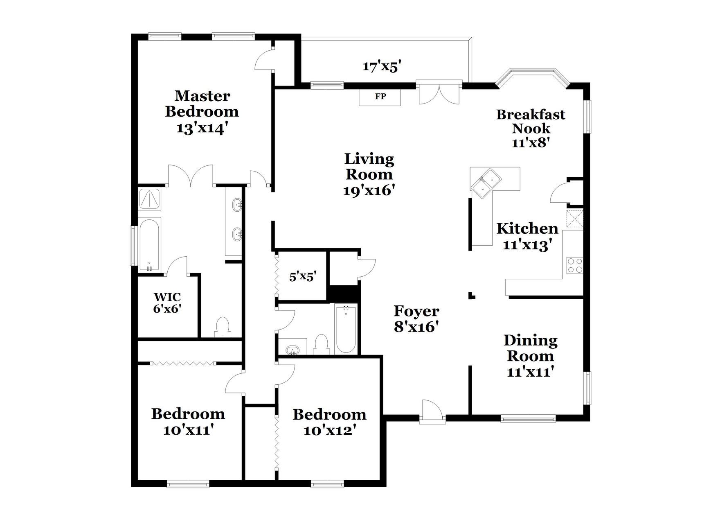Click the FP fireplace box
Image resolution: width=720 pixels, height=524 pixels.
(x=380, y=97)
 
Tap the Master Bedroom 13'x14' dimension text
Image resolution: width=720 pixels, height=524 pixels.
(x=201, y=129)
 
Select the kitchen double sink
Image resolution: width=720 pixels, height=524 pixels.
(x=486, y=183)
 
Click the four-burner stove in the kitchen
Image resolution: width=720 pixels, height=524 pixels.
(x=575, y=265)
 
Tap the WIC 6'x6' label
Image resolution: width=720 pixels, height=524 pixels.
(x=167, y=303)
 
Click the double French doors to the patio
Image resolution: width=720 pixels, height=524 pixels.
(x=439, y=94)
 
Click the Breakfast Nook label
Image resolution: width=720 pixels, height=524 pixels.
(x=531, y=121)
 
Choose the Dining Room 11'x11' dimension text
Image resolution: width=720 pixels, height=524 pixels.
(x=530, y=372)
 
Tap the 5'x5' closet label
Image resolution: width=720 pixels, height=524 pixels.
(x=303, y=277)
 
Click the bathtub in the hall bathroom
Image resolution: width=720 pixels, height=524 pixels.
(x=346, y=329)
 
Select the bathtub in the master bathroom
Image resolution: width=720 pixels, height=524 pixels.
(x=150, y=244)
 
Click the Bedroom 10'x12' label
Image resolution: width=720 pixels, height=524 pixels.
(x=329, y=422)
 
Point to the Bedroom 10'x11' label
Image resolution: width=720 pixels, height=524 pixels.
(x=188, y=422)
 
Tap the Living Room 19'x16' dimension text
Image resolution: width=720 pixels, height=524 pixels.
(x=369, y=191)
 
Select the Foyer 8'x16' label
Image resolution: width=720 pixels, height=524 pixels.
(x=416, y=319)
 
